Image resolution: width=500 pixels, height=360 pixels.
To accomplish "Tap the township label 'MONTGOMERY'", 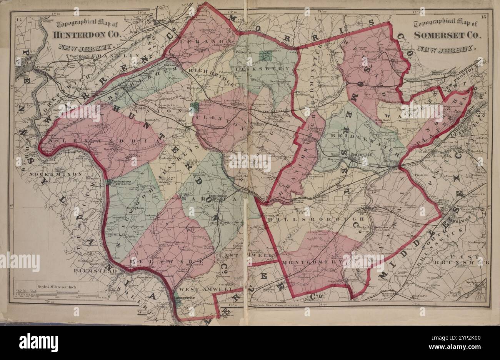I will [x=312, y=262].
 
